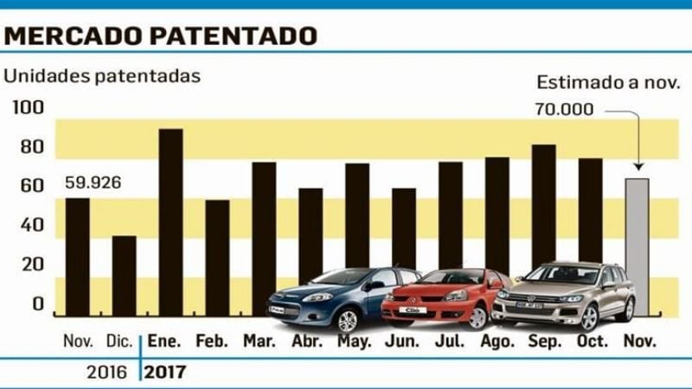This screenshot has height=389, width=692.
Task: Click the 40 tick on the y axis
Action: click(31, 225)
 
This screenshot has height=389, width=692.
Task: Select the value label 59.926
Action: click(93, 182)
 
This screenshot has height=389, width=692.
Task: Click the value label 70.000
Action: click(564, 110)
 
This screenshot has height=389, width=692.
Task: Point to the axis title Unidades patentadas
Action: click(102, 75)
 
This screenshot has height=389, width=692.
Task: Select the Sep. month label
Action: click(544, 341)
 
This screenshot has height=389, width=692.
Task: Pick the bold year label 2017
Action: click(164, 373)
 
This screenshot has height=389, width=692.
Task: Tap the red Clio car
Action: click(445, 298)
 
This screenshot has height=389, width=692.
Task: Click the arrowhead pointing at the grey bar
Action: click(638, 167)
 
